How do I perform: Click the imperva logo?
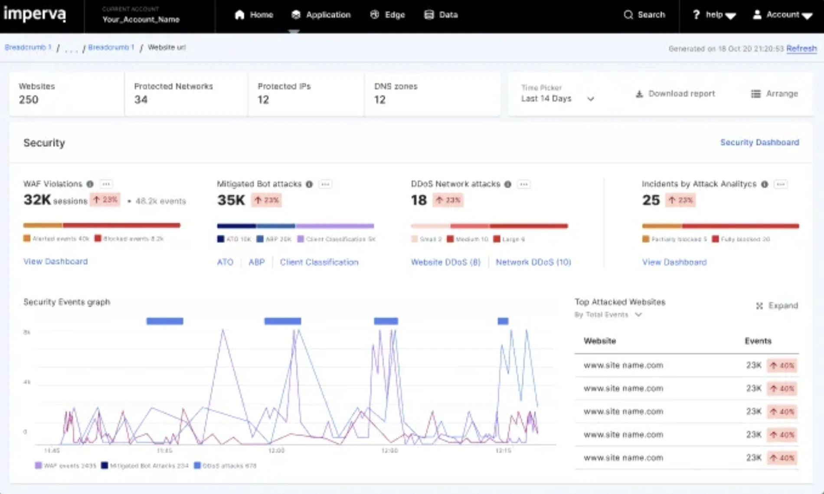35,14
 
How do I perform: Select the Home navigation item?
254,15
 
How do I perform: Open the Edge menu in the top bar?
388,15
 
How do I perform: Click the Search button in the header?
644,15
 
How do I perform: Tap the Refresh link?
801,49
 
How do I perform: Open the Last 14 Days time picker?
557,99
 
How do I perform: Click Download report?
675,94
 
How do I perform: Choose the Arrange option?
775,94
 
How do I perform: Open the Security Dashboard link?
759,142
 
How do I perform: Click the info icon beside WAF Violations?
90,184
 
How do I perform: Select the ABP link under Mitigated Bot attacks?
256,262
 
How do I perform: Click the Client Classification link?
319,262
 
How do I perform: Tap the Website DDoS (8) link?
445,262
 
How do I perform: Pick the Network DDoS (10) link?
533,262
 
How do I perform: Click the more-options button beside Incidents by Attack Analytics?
781,184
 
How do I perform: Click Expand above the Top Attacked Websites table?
777,306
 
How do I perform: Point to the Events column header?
758,341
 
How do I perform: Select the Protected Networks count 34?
141,100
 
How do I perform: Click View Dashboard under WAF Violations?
56,261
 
